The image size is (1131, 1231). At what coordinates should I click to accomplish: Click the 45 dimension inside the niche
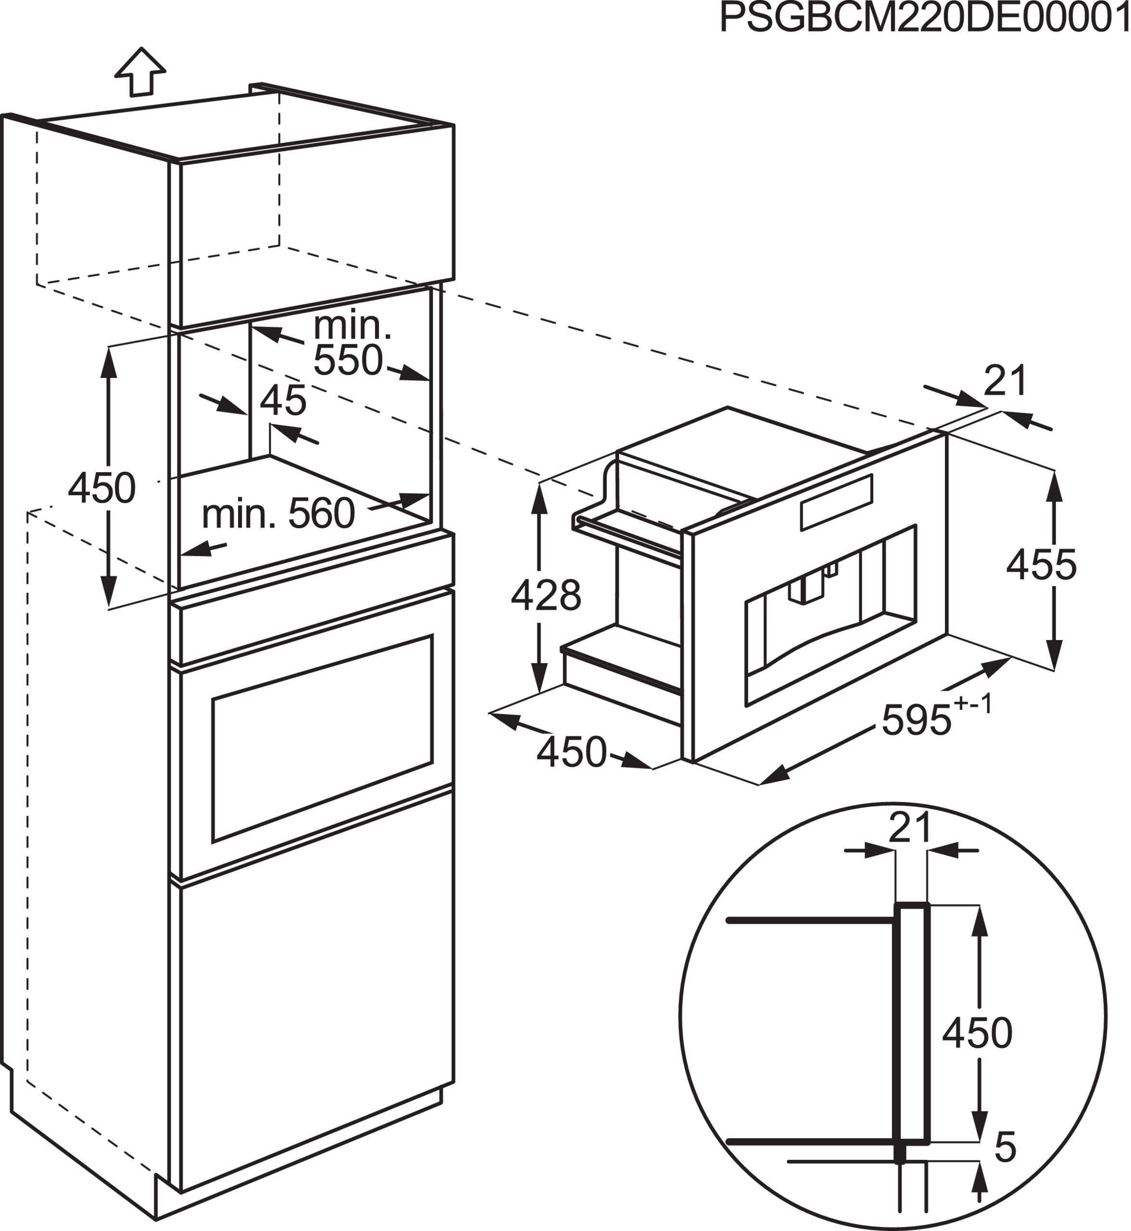[x=283, y=402]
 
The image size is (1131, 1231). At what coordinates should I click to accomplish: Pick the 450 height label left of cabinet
[x=101, y=489]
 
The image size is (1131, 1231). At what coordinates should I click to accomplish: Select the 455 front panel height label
[x=1041, y=565]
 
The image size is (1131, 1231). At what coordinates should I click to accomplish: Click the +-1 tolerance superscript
[x=973, y=704]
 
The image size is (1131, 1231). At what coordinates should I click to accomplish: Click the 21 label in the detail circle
[x=910, y=828]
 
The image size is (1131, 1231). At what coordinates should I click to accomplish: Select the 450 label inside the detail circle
[x=978, y=1033]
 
